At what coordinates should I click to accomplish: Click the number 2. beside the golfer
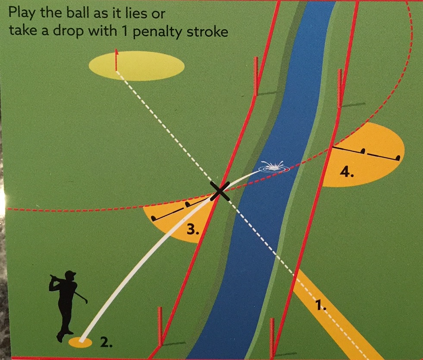coord(107,343)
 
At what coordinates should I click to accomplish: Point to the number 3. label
coord(193,229)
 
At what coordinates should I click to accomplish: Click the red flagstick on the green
coord(116,60)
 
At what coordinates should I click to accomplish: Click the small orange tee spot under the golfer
coord(81,343)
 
